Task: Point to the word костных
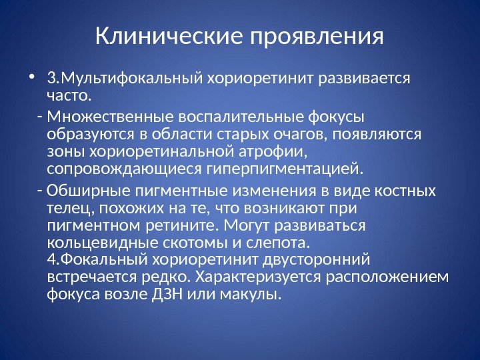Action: click(406, 191)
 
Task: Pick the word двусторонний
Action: click(319, 259)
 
